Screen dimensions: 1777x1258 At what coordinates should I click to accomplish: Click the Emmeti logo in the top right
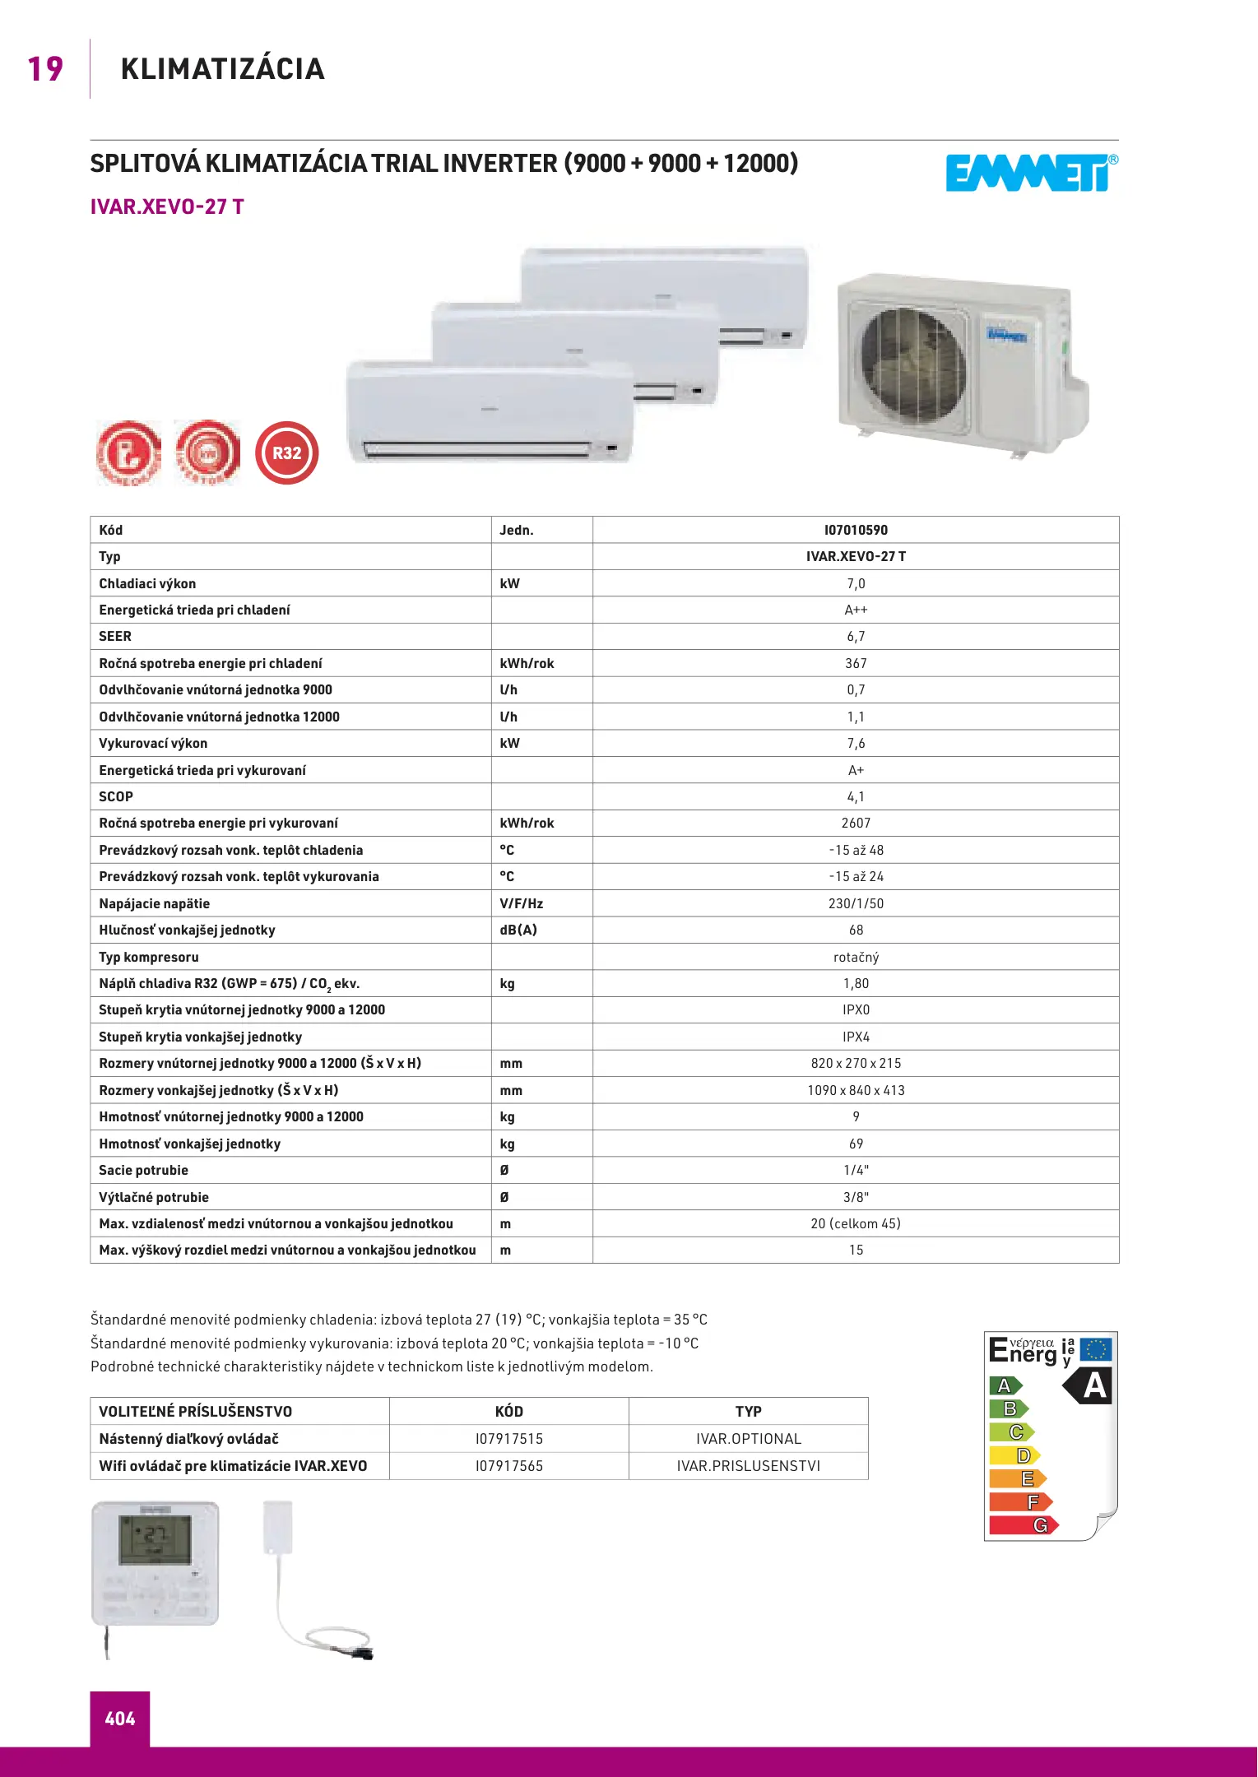(x=1030, y=173)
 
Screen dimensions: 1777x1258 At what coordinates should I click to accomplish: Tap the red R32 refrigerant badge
(x=286, y=452)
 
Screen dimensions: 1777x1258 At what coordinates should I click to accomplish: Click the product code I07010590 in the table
(x=856, y=530)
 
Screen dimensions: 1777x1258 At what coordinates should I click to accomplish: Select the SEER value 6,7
(x=856, y=636)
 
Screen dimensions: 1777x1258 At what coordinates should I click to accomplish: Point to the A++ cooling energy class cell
(x=856, y=610)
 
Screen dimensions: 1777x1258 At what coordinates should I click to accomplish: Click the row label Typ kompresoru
(x=149, y=957)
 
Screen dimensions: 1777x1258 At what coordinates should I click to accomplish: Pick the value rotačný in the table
(x=856, y=957)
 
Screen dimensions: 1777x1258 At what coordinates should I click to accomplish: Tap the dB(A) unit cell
(x=518, y=930)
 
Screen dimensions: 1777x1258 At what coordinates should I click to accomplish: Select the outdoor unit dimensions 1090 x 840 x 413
(x=856, y=1090)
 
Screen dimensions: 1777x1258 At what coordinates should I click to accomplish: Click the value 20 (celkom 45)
(x=856, y=1223)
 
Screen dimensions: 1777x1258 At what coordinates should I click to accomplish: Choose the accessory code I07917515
(x=509, y=1439)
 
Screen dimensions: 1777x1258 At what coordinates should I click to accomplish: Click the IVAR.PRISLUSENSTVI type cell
(x=749, y=1466)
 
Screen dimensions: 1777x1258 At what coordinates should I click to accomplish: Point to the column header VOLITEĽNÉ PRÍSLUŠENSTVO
(x=196, y=1412)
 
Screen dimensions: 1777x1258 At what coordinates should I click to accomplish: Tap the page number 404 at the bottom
(x=120, y=1719)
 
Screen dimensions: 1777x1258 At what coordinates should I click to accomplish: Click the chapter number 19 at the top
(x=45, y=69)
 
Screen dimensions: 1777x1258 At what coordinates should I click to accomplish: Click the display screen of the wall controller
(x=155, y=1539)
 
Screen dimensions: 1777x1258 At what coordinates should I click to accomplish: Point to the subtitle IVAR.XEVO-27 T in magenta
(x=167, y=206)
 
